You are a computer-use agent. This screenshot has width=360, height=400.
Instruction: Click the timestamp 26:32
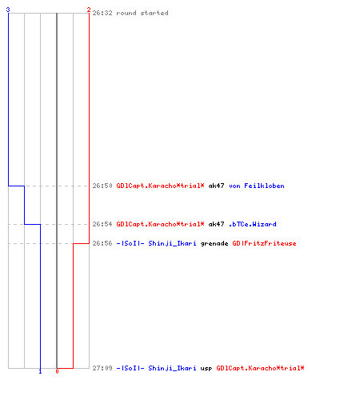(x=102, y=13)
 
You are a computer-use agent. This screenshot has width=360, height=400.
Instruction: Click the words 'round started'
(x=142, y=13)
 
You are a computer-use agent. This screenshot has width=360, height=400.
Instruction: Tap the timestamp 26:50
(x=102, y=186)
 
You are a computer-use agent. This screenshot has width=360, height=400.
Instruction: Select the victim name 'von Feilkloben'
(x=257, y=186)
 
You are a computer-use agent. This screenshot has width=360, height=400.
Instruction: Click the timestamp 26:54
(x=102, y=224)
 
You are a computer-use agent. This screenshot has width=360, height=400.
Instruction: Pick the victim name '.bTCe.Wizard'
(x=253, y=224)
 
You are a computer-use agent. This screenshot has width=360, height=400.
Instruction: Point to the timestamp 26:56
(x=102, y=243)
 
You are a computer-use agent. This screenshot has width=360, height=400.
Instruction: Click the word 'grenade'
(x=214, y=244)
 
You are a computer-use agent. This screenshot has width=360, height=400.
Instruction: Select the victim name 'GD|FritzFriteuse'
(x=264, y=243)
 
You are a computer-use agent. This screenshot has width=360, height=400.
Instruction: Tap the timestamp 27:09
(x=102, y=368)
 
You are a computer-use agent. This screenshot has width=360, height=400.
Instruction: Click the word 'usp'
(x=206, y=369)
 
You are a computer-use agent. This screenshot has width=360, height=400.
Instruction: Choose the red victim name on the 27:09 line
(x=260, y=368)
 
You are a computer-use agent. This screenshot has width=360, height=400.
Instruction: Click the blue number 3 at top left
(x=8, y=10)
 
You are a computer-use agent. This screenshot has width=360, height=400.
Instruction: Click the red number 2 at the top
(x=89, y=10)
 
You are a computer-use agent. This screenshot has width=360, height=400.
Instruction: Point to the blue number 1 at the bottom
(x=40, y=371)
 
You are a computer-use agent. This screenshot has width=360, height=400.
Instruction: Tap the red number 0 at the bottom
(x=57, y=371)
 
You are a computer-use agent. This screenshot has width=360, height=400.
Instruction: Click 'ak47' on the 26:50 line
(x=216, y=186)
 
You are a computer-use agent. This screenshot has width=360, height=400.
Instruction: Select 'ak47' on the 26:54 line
(x=216, y=224)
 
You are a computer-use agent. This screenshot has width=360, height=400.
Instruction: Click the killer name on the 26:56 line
(x=156, y=243)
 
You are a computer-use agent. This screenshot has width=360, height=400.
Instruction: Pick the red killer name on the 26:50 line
(x=160, y=186)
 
